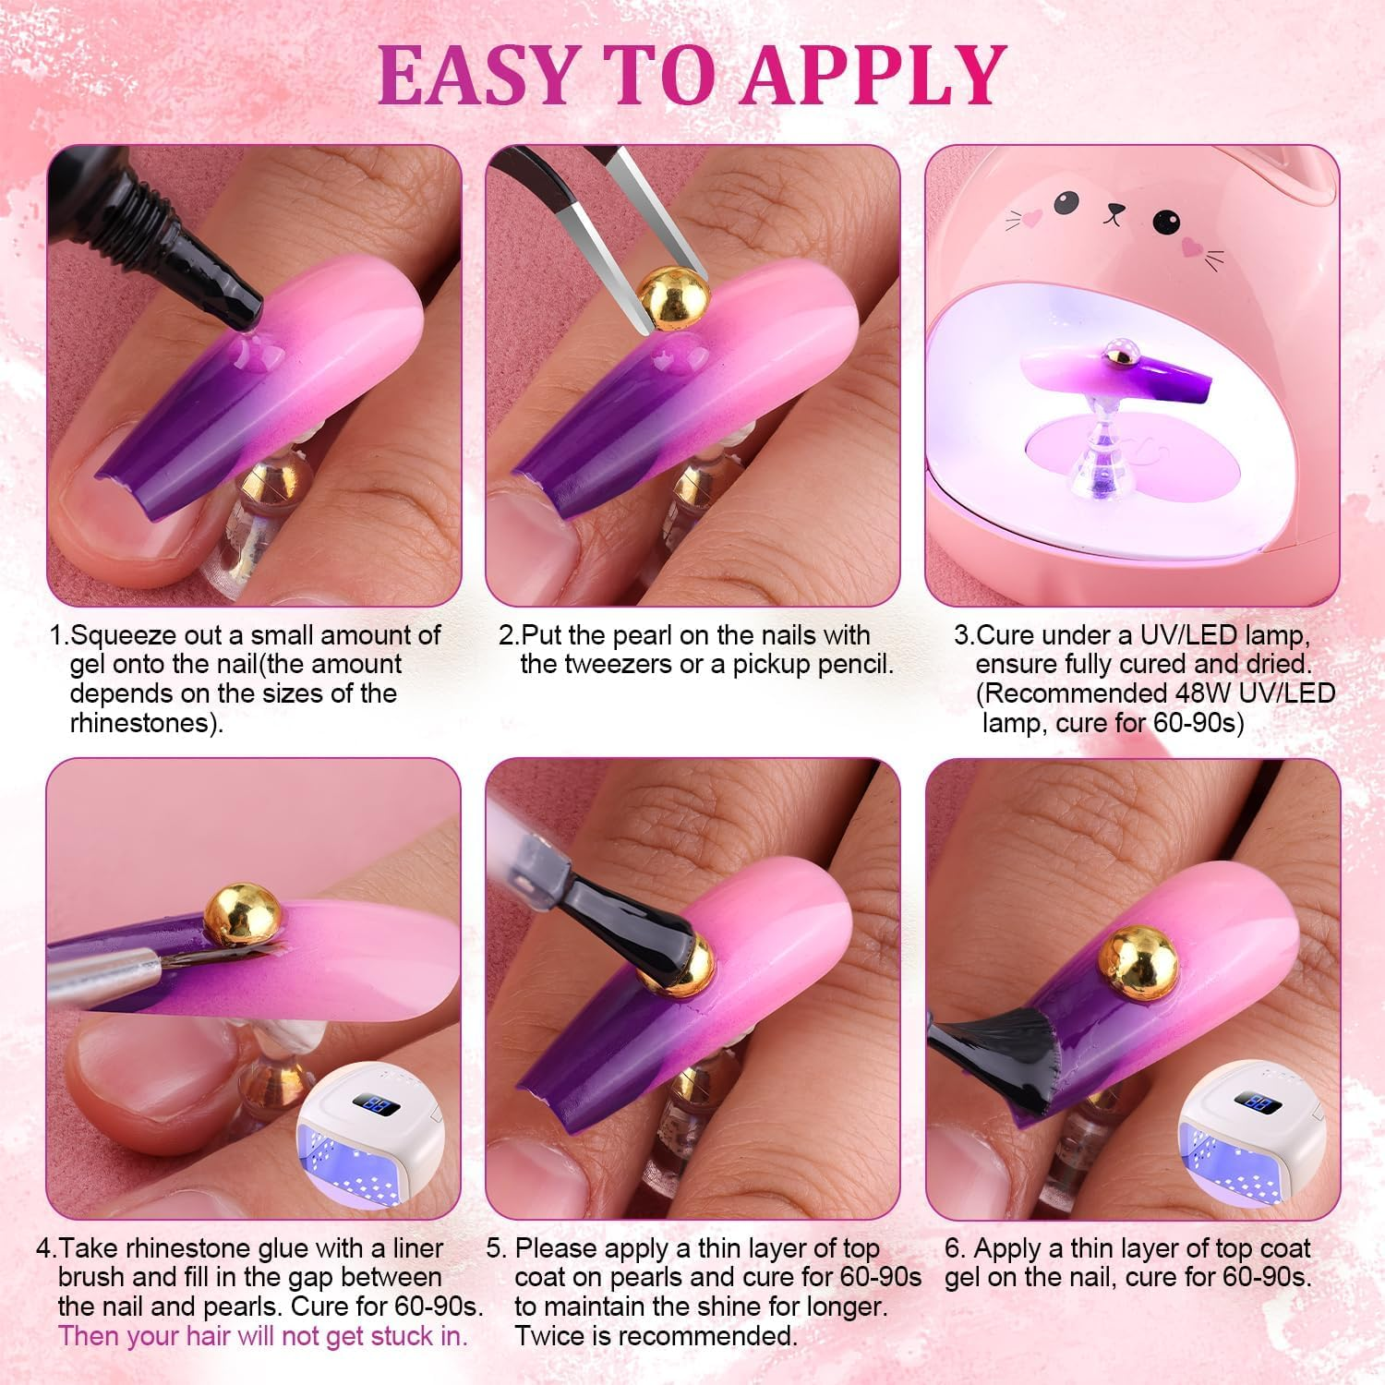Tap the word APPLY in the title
pos(873,74)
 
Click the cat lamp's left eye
pos(1065,200)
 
